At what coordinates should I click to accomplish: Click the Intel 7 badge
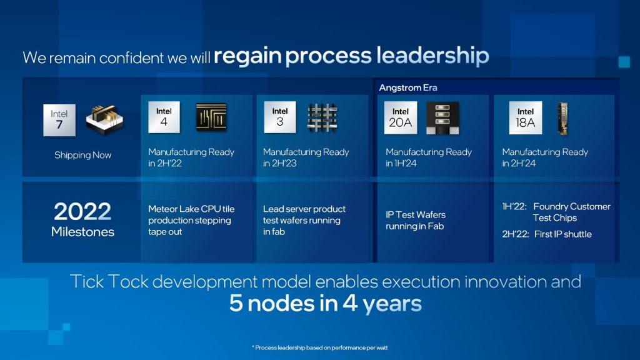coord(59,119)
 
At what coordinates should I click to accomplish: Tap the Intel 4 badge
coord(164,117)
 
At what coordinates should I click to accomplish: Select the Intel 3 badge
coord(280,117)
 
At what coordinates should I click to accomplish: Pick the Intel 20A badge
coord(401,117)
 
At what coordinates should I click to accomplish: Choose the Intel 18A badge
coord(526,117)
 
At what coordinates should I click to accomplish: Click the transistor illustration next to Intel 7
coord(104,119)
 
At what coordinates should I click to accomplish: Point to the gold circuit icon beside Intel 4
coord(211,117)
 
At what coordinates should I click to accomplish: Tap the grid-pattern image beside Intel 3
coord(322,117)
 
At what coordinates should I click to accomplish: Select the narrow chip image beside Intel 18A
coord(563,117)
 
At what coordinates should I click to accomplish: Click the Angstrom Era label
coord(407,87)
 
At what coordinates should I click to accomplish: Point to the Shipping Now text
coord(82,155)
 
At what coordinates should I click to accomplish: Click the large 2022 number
coord(82,212)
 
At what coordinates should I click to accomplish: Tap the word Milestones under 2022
coord(82,232)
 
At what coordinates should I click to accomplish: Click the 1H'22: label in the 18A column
coord(514,206)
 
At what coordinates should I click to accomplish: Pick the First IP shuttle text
coord(562,234)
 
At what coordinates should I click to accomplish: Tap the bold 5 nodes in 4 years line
coord(325,304)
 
